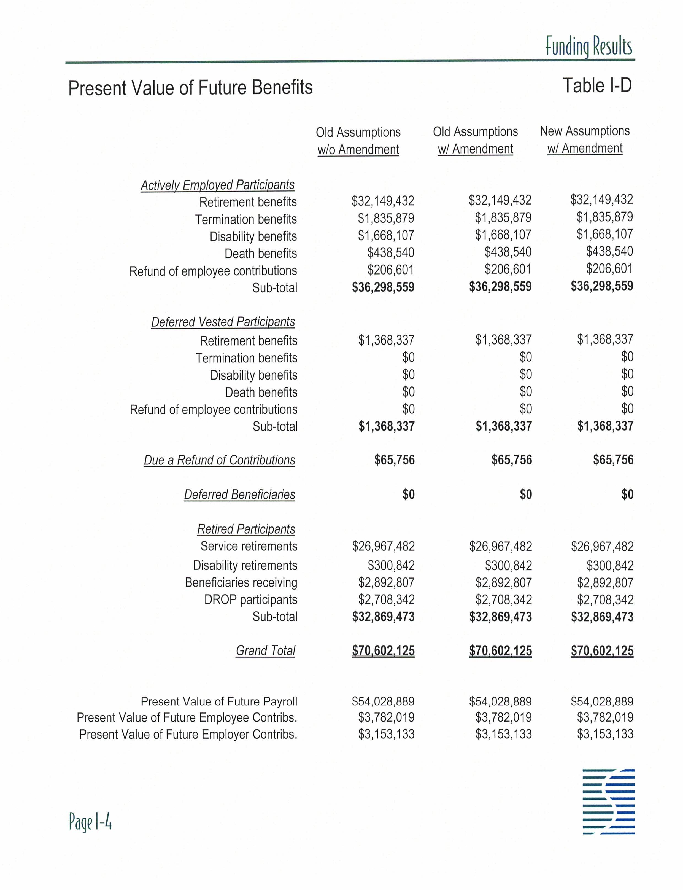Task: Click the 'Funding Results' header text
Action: [589, 47]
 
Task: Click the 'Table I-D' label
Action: [597, 86]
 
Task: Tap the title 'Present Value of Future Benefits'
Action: [190, 88]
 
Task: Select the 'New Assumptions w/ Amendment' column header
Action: [585, 139]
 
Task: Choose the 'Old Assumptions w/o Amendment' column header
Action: [358, 141]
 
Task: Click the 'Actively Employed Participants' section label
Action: [217, 185]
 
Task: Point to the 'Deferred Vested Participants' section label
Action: [223, 322]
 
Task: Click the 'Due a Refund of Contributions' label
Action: [220, 460]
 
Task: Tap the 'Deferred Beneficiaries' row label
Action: [239, 495]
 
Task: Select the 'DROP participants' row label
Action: [251, 599]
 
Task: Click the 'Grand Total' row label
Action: [266, 650]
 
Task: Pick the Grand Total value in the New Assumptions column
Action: [602, 651]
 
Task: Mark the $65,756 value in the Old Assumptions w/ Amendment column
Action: [511, 460]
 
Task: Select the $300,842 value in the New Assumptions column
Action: [610, 565]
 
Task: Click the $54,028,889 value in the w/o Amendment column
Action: [383, 701]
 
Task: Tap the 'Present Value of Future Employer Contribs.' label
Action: [188, 734]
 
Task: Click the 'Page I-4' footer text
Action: [90, 822]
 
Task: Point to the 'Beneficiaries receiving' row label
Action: [241, 582]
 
